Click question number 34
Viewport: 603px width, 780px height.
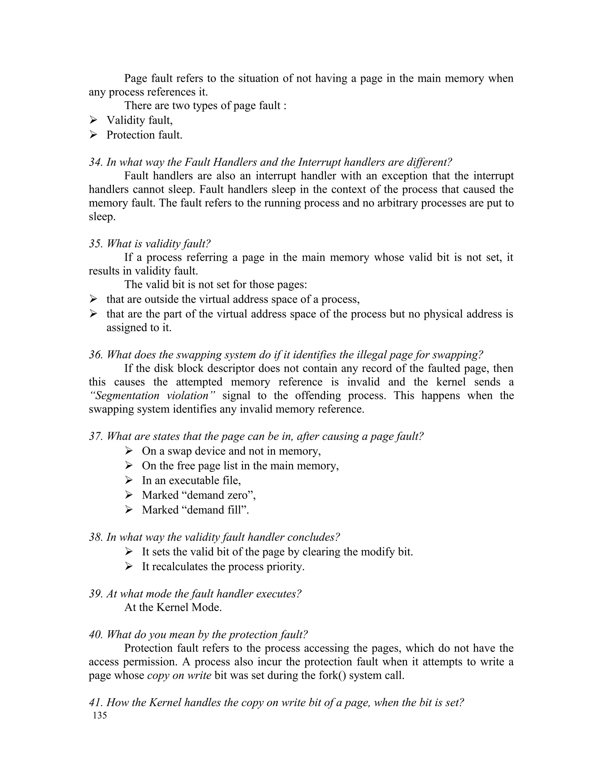pyautogui.click(x=95, y=162)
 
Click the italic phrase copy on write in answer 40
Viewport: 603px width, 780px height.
pyautogui.click(x=179, y=675)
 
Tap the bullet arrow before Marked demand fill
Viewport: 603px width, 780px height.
pyautogui.click(x=129, y=510)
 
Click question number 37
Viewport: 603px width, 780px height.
pyautogui.click(x=95, y=436)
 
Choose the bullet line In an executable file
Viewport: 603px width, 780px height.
pyautogui.click(x=191, y=480)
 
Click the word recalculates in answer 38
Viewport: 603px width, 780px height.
pyautogui.click(x=183, y=566)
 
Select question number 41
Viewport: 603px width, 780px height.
pyautogui.click(x=95, y=703)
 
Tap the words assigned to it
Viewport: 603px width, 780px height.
pyautogui.click(x=139, y=328)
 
